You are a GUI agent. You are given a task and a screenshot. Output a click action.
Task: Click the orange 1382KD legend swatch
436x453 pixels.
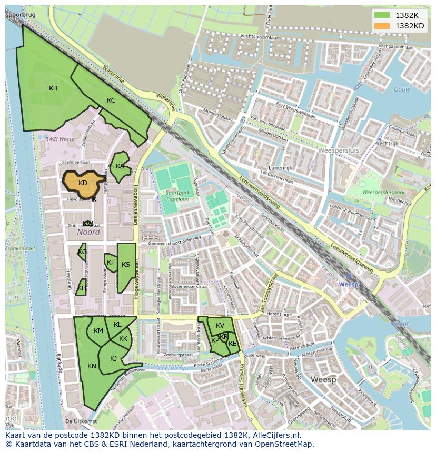click(x=382, y=26)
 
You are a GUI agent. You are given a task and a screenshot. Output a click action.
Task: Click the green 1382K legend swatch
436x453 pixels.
click(x=382, y=15)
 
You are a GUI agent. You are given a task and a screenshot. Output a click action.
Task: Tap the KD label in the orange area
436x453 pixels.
click(x=83, y=183)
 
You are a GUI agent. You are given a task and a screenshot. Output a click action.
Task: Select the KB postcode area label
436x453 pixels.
click(x=53, y=88)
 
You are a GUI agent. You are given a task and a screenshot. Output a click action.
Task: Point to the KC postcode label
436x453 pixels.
click(x=111, y=100)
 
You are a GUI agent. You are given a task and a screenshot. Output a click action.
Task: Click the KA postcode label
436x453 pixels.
click(x=120, y=166)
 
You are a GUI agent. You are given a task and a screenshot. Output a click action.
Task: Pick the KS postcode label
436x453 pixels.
click(x=126, y=265)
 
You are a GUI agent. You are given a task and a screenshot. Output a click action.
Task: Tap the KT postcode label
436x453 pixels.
click(x=111, y=262)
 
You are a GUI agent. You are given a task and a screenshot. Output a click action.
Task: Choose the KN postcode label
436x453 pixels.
click(x=92, y=366)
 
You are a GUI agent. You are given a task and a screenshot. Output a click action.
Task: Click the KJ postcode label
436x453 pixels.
click(x=113, y=359)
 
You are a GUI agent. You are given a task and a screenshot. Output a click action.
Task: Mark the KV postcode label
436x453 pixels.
click(x=220, y=326)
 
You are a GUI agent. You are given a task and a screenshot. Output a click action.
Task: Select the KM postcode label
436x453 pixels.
click(x=98, y=331)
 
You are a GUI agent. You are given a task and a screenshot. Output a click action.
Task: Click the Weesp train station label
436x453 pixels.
click(x=348, y=284)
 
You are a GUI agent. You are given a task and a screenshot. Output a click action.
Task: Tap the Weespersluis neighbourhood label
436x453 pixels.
click(x=339, y=150)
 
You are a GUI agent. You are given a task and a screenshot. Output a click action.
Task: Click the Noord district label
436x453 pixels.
click(x=88, y=232)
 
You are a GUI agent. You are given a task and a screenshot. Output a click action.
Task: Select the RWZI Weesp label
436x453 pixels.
click(x=60, y=139)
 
